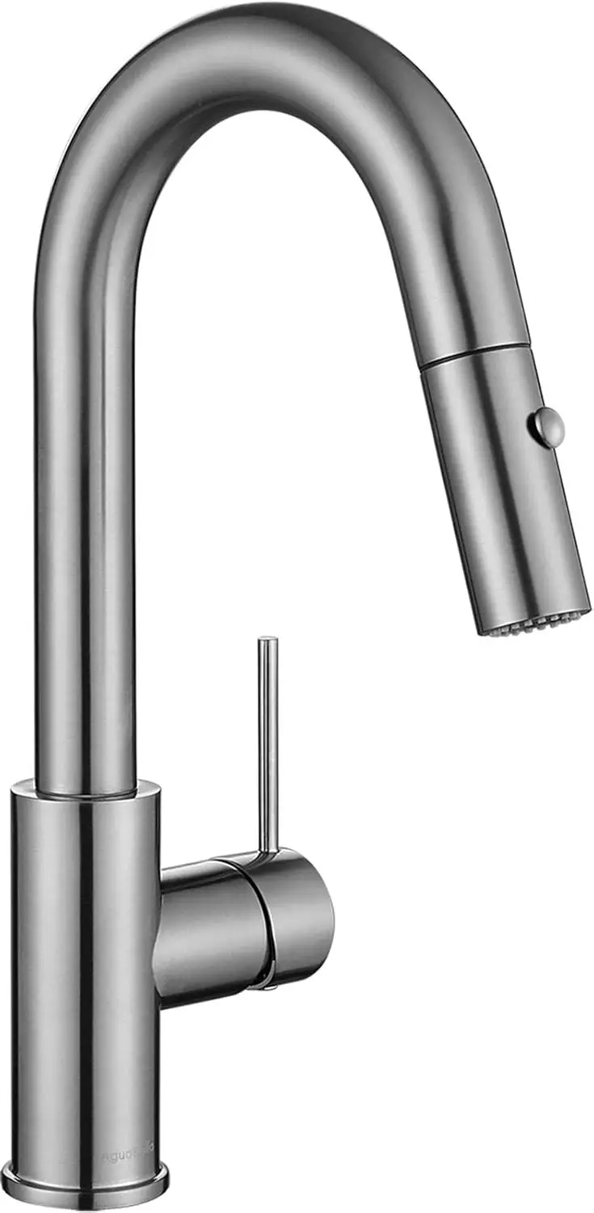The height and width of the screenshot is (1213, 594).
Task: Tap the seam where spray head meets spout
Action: (x=474, y=356)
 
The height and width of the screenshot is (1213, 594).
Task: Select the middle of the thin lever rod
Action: (x=268, y=744)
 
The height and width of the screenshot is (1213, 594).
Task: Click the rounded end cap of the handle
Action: (x=303, y=914)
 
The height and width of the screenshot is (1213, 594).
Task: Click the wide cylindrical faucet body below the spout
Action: (x=85, y=970)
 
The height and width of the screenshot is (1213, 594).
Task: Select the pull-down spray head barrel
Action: (x=505, y=485)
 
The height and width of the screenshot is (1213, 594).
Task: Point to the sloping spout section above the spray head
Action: (x=453, y=259)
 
